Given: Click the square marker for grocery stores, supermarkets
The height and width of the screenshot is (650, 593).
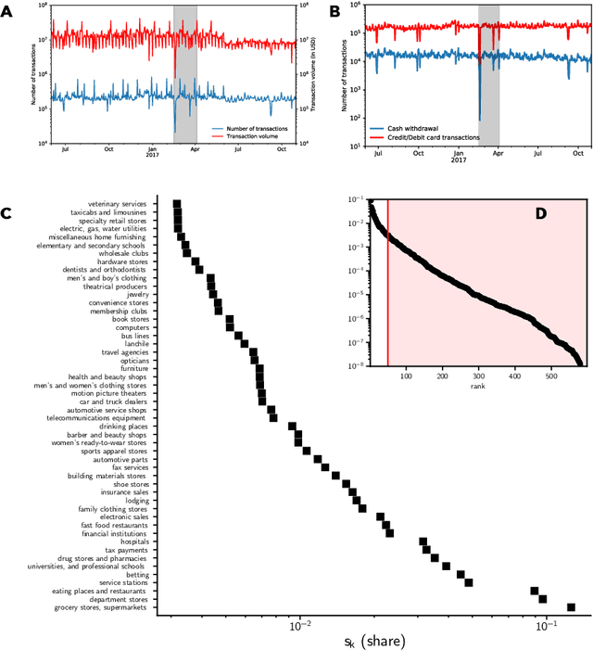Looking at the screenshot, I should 571,607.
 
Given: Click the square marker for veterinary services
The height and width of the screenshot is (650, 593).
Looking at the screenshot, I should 176,203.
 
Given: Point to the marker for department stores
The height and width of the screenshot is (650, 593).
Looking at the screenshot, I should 543,599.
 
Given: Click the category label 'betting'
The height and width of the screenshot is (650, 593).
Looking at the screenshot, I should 135,575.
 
